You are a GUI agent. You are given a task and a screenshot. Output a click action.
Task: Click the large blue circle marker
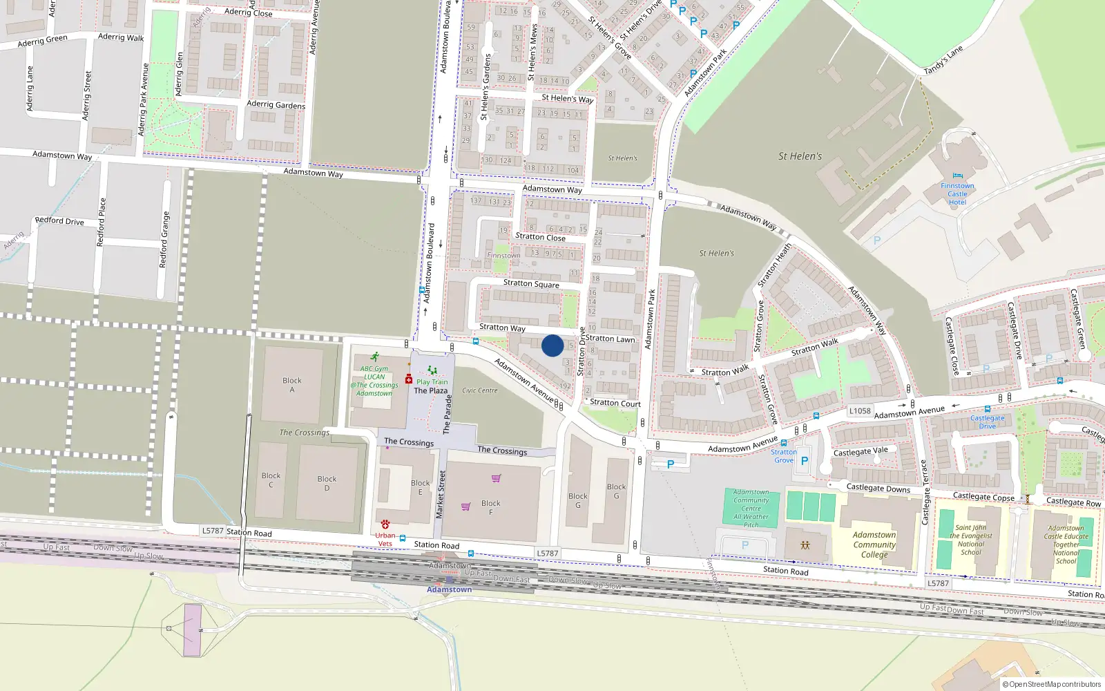pos(552,345)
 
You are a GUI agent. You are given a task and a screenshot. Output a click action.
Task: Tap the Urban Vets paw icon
pos(385,524)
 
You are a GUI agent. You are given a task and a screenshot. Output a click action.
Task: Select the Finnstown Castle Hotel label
pos(957,194)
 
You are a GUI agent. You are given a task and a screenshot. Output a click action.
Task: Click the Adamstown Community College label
pos(874,545)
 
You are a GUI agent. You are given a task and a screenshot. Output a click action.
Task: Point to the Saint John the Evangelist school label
pos(971,540)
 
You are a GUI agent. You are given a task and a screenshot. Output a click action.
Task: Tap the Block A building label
pos(292,385)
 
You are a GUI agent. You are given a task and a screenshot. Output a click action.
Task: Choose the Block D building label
pos(327,483)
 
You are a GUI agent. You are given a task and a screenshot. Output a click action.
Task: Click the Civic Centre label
pos(480,390)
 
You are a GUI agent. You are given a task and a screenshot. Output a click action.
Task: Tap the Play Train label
pos(432,381)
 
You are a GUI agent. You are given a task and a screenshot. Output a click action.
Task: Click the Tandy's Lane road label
pos(943,60)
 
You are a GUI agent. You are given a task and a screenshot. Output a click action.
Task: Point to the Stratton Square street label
pos(531,283)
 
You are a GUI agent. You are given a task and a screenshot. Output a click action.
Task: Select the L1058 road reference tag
pos(860,410)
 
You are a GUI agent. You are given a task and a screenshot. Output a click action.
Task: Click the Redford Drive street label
pos(59,221)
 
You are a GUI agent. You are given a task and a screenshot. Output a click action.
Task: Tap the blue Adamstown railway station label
pos(449,589)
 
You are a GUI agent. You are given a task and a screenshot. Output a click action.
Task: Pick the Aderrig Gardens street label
pos(276,104)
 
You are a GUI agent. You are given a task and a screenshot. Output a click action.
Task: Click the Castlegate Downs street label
pos(878,488)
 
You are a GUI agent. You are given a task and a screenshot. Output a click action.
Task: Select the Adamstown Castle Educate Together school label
pos(1066,545)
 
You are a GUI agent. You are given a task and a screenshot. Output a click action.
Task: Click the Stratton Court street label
pos(615,403)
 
